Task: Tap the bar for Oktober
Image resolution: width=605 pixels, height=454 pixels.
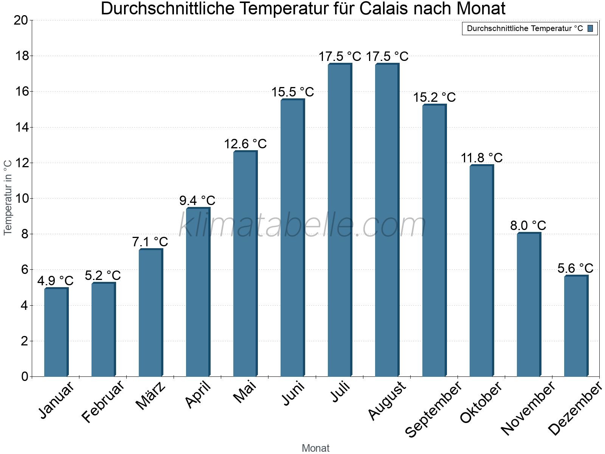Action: [481, 271]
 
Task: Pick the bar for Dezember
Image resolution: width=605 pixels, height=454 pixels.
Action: [576, 326]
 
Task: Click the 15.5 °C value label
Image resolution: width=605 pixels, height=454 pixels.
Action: [293, 92]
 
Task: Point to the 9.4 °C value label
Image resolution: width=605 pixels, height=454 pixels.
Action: [197, 201]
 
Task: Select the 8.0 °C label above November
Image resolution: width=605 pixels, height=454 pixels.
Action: [528, 226]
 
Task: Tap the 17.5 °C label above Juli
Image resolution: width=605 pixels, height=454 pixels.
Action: [340, 57]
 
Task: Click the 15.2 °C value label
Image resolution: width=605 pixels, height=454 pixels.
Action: [434, 98]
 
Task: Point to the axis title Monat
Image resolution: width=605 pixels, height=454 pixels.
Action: [316, 448]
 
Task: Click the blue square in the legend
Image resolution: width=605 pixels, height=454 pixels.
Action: [590, 28]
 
